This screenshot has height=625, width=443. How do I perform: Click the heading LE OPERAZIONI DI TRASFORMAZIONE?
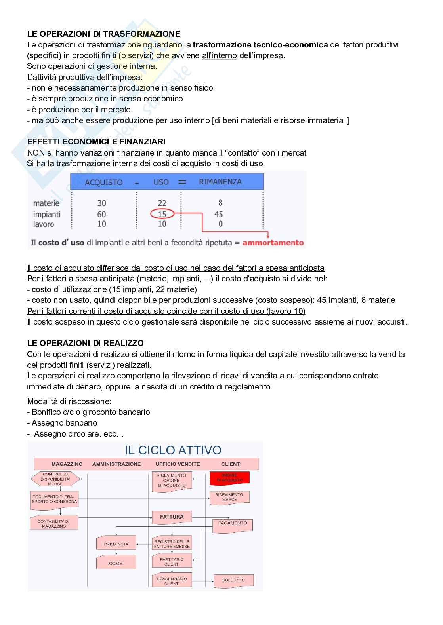103,34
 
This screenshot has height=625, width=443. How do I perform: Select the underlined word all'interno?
219,55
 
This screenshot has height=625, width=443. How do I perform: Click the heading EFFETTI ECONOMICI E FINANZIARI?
96,142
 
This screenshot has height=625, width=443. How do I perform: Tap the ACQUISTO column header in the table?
104,182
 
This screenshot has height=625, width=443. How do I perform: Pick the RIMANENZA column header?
220,182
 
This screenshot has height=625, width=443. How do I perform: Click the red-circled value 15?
162,214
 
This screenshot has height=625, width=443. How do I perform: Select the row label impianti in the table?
47,214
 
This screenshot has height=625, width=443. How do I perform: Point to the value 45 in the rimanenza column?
218,214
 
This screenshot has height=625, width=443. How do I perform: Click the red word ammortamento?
273,243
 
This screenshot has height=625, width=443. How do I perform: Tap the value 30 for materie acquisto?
102,203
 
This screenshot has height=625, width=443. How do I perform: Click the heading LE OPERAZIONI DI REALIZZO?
85,343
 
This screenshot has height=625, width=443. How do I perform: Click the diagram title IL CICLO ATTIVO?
173,450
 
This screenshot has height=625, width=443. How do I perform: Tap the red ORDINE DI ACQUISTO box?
229,477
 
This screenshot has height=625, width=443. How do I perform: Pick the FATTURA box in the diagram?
172,517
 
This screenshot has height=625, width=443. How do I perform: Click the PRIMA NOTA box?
116,544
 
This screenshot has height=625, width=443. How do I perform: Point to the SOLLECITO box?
233,580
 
